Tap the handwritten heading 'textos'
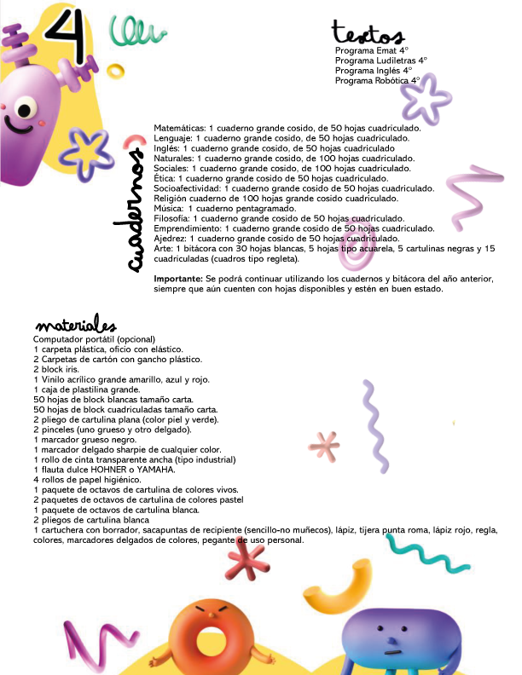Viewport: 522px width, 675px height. [x=367, y=34]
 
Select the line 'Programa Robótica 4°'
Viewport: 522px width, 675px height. [x=378, y=80]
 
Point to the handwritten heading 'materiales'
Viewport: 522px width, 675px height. [x=74, y=326]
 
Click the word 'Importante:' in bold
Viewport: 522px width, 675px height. [x=177, y=280]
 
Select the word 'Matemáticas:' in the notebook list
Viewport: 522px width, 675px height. [x=179, y=127]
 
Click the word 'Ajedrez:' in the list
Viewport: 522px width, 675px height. [x=171, y=239]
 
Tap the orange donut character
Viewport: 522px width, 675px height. [x=206, y=637]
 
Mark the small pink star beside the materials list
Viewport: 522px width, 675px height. [x=323, y=444]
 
